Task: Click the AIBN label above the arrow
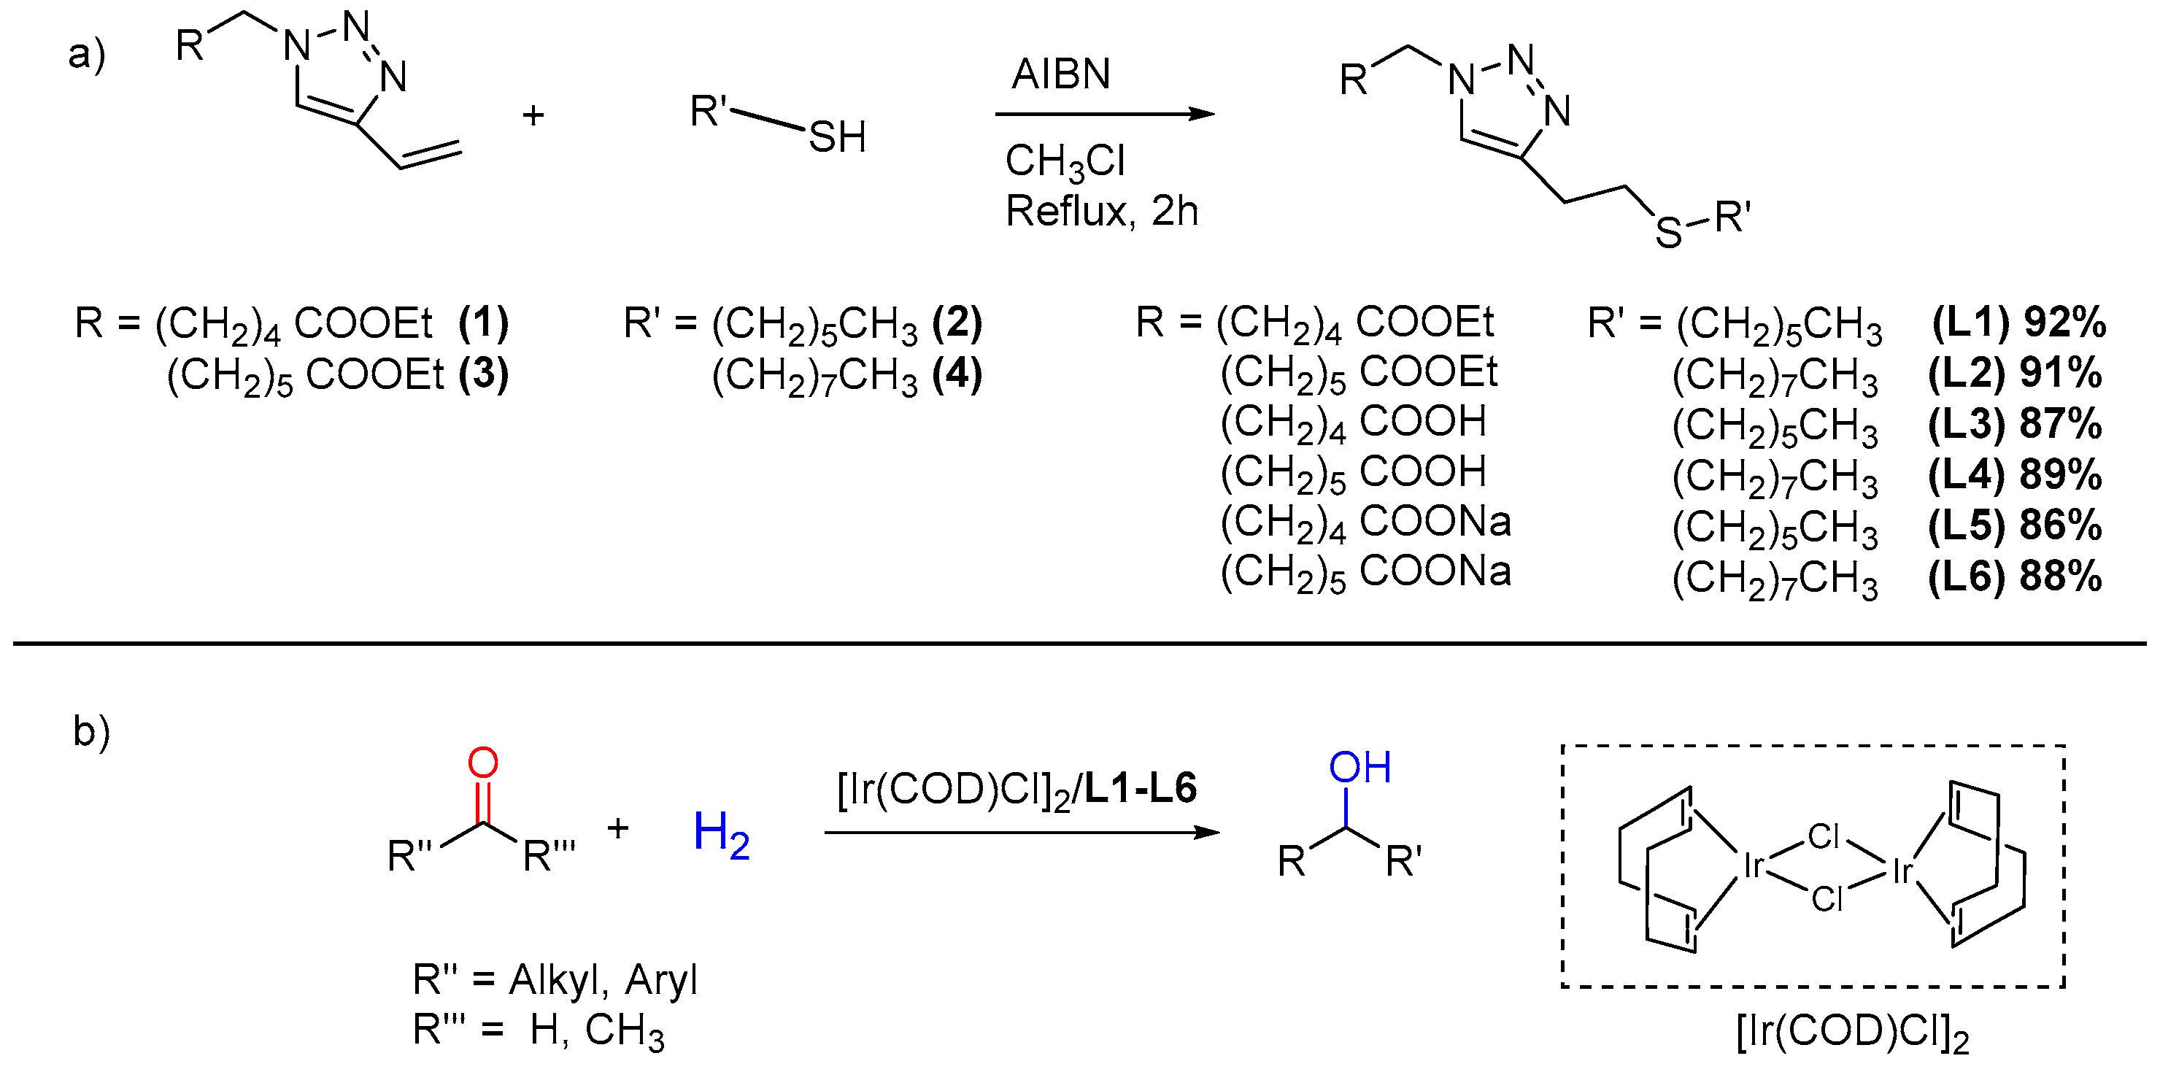pyautogui.click(x=1061, y=74)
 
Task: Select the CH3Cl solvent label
pyautogui.click(x=1065, y=161)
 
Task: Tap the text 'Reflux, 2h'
pyautogui.click(x=1102, y=212)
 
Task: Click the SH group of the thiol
pyautogui.click(x=837, y=136)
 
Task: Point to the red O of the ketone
pyautogui.click(x=483, y=763)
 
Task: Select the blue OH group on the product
pyautogui.click(x=1360, y=768)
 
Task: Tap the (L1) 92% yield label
pyautogui.click(x=2018, y=323)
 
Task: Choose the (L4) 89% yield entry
pyautogui.click(x=2015, y=475)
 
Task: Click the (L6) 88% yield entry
pyautogui.click(x=2015, y=577)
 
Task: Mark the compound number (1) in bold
pyautogui.click(x=484, y=323)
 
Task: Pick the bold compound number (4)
pyautogui.click(x=957, y=374)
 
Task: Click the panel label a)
pyautogui.click(x=86, y=55)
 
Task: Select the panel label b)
pyautogui.click(x=91, y=731)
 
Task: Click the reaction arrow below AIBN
pyautogui.click(x=1104, y=114)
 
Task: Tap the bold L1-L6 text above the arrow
pyautogui.click(x=1141, y=788)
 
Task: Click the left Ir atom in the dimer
pyautogui.click(x=1753, y=865)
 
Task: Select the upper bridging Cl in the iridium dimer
pyautogui.click(x=1823, y=836)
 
